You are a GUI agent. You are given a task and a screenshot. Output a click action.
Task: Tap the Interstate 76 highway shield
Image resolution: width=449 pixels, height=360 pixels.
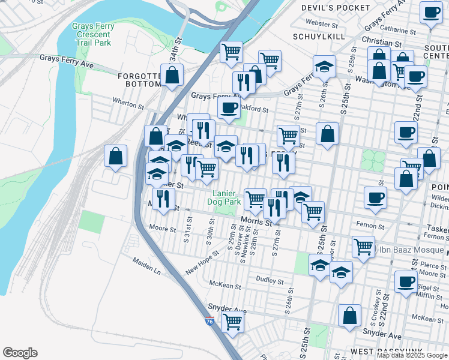click(209, 321)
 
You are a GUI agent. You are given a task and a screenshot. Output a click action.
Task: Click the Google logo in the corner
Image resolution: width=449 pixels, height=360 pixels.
click(20, 352)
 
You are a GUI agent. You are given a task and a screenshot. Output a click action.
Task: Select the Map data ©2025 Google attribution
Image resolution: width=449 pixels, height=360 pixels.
click(412, 355)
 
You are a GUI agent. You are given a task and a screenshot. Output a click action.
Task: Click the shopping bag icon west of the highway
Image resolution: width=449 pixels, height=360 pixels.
click(115, 156)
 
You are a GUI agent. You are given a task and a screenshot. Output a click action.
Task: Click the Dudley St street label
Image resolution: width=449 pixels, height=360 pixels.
click(269, 281)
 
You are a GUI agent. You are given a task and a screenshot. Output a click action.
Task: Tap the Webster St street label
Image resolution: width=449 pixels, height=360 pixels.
click(322, 23)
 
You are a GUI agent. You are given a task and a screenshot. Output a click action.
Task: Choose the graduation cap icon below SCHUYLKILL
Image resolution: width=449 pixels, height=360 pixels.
click(324, 67)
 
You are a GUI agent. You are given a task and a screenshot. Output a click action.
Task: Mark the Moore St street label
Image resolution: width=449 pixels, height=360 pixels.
click(163, 229)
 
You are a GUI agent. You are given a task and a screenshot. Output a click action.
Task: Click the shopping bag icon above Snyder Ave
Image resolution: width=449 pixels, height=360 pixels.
click(349, 316)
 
